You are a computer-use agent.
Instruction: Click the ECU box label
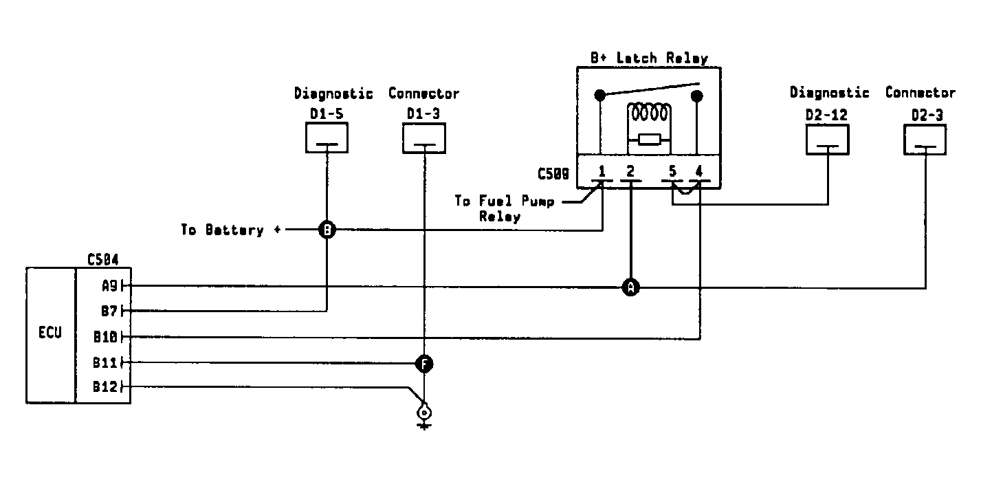click(x=50, y=333)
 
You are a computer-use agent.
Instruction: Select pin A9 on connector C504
click(x=109, y=286)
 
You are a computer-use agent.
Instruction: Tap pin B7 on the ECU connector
click(x=109, y=311)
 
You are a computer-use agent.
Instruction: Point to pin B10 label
click(x=106, y=336)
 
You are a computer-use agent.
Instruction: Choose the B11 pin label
click(x=105, y=362)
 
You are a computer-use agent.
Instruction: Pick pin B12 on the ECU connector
click(x=105, y=387)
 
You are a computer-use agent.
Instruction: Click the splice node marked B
click(x=327, y=230)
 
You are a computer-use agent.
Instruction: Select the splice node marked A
click(x=630, y=287)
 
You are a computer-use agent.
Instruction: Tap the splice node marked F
click(x=424, y=364)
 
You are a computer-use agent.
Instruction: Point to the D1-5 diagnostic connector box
click(x=327, y=138)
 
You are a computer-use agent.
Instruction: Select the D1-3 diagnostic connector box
click(x=424, y=138)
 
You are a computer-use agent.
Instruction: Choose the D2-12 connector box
click(x=828, y=140)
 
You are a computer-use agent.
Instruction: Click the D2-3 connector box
click(x=925, y=140)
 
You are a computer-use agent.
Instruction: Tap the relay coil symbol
click(x=649, y=113)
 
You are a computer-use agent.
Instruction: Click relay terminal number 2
click(x=630, y=171)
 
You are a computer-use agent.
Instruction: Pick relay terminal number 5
click(x=673, y=171)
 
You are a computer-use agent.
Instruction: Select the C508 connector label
click(x=553, y=174)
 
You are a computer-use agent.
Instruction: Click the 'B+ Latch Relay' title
click(x=649, y=58)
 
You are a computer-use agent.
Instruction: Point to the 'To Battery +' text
click(x=231, y=230)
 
